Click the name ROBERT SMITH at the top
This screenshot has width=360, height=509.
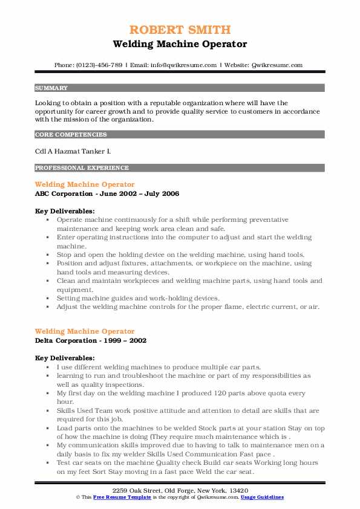point(180,30)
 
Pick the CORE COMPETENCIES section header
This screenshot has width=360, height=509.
point(71,135)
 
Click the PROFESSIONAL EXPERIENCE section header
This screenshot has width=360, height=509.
point(82,168)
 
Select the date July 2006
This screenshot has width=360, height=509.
point(165,193)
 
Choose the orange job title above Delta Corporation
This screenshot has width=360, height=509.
point(85,331)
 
